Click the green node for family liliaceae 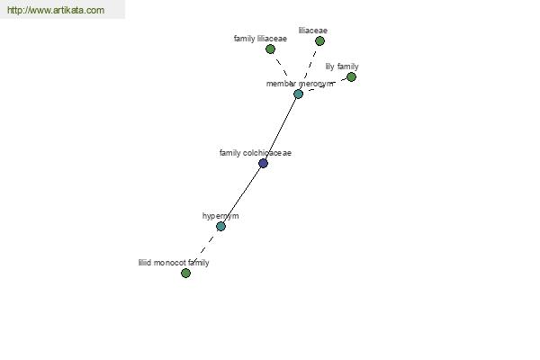(x=270, y=49)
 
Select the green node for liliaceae (x=319, y=41)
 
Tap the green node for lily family (x=351, y=76)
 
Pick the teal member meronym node (x=298, y=94)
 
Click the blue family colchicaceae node (x=263, y=163)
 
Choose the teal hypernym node (x=220, y=226)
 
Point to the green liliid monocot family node (x=185, y=274)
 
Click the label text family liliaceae (x=260, y=39)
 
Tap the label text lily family (x=342, y=67)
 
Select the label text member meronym (x=300, y=84)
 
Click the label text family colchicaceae (x=256, y=153)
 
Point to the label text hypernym (x=220, y=216)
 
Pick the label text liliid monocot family (x=174, y=263)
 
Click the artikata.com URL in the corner (x=56, y=10)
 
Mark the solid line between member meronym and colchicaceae (x=281, y=129)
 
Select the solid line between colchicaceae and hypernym (x=242, y=194)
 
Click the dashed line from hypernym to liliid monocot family (x=203, y=250)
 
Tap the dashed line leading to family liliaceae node (x=282, y=67)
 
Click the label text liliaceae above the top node (x=313, y=31)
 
